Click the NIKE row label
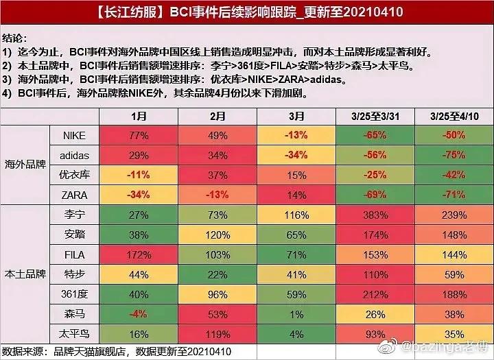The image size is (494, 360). click(x=74, y=136)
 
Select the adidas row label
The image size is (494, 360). click(x=74, y=156)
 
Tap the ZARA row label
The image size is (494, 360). click(x=74, y=195)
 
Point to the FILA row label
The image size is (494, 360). click(x=74, y=254)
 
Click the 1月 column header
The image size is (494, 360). click(x=139, y=116)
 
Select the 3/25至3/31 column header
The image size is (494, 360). click(x=374, y=116)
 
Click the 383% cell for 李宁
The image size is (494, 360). click(x=374, y=215)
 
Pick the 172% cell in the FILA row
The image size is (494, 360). click(x=139, y=254)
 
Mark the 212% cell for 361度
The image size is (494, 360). click(x=374, y=294)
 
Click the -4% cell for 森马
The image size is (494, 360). click(x=139, y=314)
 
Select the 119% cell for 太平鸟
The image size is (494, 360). click(x=217, y=334)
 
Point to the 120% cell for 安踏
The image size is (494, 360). click(x=217, y=235)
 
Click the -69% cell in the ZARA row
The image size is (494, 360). click(x=374, y=195)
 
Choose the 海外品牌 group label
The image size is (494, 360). click(x=25, y=165)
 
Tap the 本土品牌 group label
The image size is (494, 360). click(x=25, y=274)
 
